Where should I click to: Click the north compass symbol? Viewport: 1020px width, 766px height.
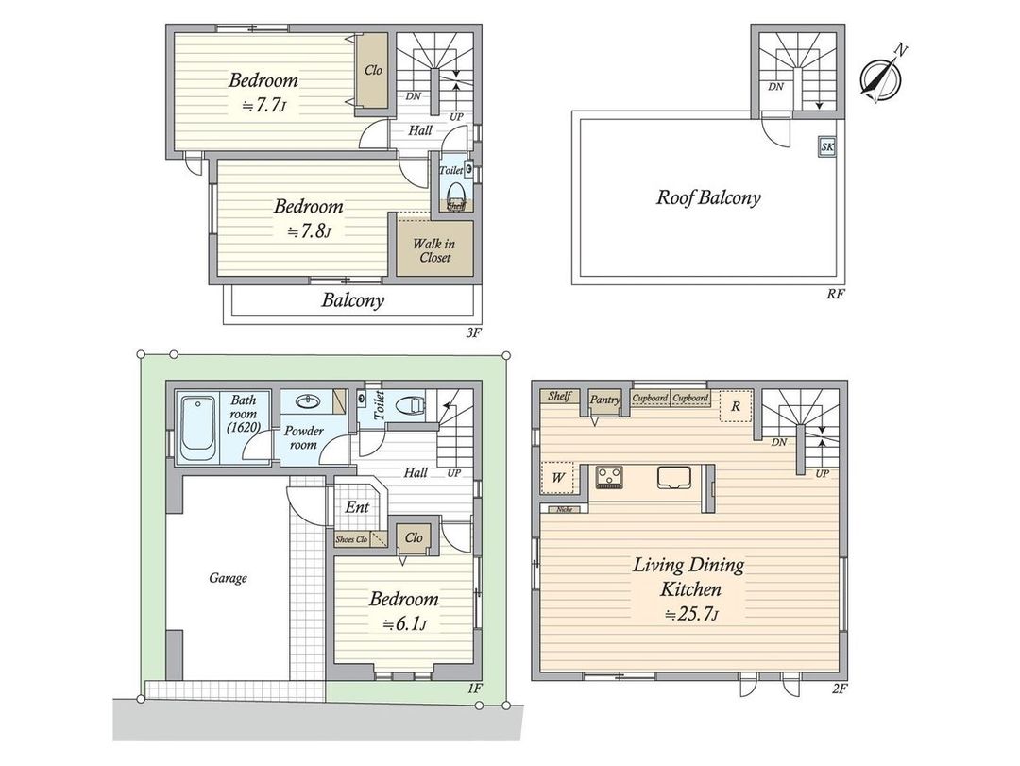point(881,77)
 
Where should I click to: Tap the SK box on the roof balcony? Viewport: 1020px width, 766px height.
point(827,146)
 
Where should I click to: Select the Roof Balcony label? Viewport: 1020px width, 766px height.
point(708,197)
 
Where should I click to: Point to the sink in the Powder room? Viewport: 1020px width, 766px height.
point(312,400)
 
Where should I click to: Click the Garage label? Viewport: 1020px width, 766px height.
point(228,577)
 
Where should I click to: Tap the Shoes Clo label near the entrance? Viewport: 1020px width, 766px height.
point(351,539)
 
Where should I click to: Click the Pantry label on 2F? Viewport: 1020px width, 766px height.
point(604,400)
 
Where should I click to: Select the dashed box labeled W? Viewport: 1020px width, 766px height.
point(558,477)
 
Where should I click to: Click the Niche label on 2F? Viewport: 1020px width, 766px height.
point(565,509)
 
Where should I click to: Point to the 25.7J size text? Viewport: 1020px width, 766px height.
point(692,614)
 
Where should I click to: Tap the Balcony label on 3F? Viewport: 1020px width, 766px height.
point(353,301)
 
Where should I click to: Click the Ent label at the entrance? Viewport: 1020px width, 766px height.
point(356,507)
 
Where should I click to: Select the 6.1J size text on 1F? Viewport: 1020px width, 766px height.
point(404,623)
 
